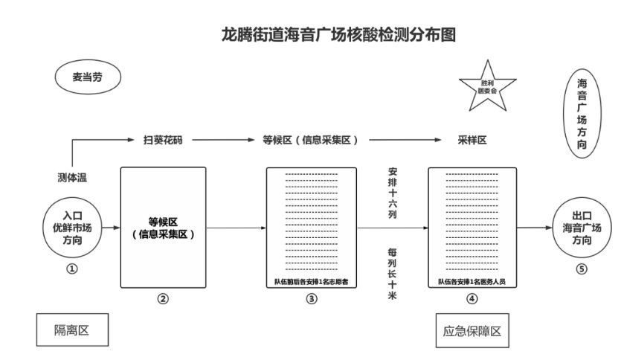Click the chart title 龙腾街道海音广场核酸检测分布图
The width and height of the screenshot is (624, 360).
pyautogui.click(x=338, y=34)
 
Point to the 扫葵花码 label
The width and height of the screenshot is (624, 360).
pyautogui.click(x=162, y=139)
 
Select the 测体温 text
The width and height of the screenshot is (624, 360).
pyautogui.click(x=72, y=177)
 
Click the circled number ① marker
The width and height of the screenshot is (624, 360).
pyautogui.click(x=72, y=269)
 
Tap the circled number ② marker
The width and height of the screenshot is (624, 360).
pyautogui.click(x=163, y=299)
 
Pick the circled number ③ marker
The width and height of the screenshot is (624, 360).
pyautogui.click(x=312, y=299)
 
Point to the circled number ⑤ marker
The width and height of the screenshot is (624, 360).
pyautogui.click(x=582, y=269)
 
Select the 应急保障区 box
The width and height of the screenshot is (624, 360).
pyautogui.click(x=472, y=331)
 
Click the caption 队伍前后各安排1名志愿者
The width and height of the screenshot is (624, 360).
pyautogui.click(x=312, y=282)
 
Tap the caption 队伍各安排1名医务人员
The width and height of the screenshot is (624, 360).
pyautogui.click(x=472, y=282)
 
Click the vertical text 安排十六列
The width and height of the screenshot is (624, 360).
pyautogui.click(x=393, y=192)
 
